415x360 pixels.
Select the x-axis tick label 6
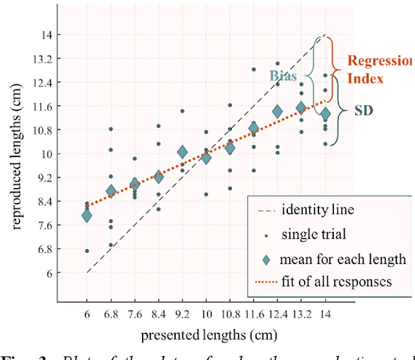point(87,313)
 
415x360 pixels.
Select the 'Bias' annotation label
point(283,75)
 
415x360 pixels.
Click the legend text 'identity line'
point(310,210)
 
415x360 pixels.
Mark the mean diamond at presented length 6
point(87,215)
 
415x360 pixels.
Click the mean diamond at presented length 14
point(325,114)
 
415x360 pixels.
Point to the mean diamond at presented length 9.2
point(182,153)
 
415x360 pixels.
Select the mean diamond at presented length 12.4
point(277,112)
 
